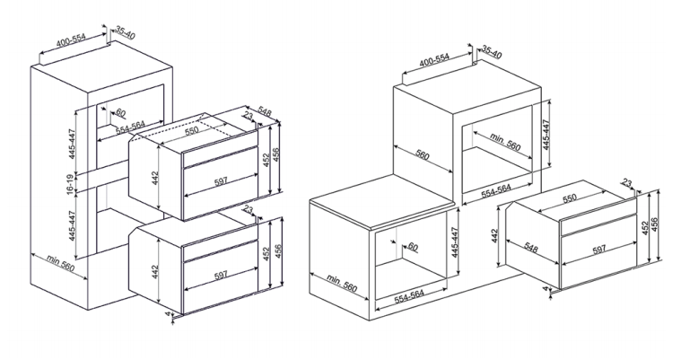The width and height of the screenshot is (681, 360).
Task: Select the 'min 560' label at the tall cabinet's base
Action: (x=60, y=263)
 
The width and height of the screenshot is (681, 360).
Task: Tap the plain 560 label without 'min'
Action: (x=423, y=154)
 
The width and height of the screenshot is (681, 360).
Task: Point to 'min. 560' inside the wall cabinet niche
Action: (x=505, y=142)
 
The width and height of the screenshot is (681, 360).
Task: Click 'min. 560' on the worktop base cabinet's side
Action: (x=342, y=283)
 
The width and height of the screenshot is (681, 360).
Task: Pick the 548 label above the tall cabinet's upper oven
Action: (x=265, y=111)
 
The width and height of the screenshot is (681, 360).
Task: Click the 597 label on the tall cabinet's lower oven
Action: (x=221, y=276)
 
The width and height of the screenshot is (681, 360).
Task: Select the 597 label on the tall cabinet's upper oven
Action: (x=221, y=181)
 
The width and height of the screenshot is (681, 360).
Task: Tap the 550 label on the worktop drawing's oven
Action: (x=570, y=198)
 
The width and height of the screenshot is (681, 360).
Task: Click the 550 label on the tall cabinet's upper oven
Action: (x=191, y=129)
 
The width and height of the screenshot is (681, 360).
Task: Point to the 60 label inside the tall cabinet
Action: (x=120, y=114)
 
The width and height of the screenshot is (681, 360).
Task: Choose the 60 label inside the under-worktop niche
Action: (x=413, y=248)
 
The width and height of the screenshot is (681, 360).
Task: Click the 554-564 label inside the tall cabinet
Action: (x=130, y=127)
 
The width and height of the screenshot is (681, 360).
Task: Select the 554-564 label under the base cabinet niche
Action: (x=408, y=296)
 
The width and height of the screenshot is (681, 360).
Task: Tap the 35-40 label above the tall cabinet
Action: (x=126, y=32)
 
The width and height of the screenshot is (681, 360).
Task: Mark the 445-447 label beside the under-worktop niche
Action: (x=455, y=242)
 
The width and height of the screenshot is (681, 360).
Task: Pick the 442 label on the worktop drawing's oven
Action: (x=493, y=235)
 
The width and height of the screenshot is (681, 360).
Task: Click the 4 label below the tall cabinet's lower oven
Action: (x=168, y=312)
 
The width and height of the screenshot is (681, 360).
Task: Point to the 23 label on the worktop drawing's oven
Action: (x=626, y=184)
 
